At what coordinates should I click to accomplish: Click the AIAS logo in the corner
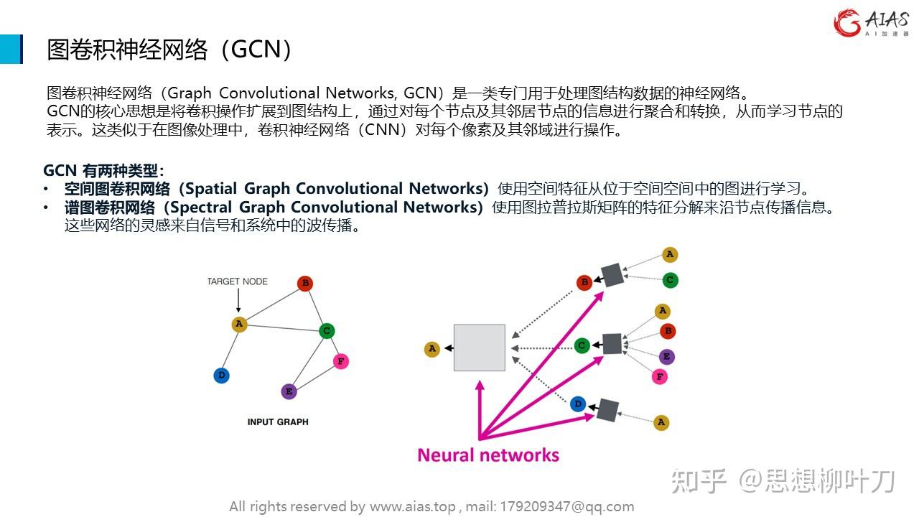[x=871, y=24]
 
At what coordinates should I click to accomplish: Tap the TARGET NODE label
[x=238, y=281]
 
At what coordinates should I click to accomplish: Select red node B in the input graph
[x=305, y=284]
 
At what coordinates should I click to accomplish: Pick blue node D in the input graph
[x=222, y=375]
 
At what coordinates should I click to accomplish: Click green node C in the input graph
[x=327, y=331]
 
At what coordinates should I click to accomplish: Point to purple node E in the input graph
[x=289, y=391]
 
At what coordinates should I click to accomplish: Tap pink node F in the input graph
[x=341, y=361]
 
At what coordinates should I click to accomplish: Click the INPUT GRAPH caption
[x=278, y=421]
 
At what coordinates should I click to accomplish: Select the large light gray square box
[x=480, y=348]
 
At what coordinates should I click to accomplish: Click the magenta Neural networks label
[x=488, y=455]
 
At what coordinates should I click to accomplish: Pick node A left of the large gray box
[x=432, y=349]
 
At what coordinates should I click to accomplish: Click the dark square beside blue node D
[x=607, y=409]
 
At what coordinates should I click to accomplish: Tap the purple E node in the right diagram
[x=667, y=357]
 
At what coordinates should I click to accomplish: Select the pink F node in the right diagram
[x=659, y=376]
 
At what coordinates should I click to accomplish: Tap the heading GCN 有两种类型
[x=103, y=171]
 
